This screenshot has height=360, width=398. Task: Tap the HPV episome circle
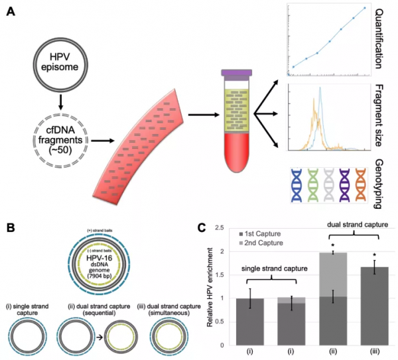[61, 68]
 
